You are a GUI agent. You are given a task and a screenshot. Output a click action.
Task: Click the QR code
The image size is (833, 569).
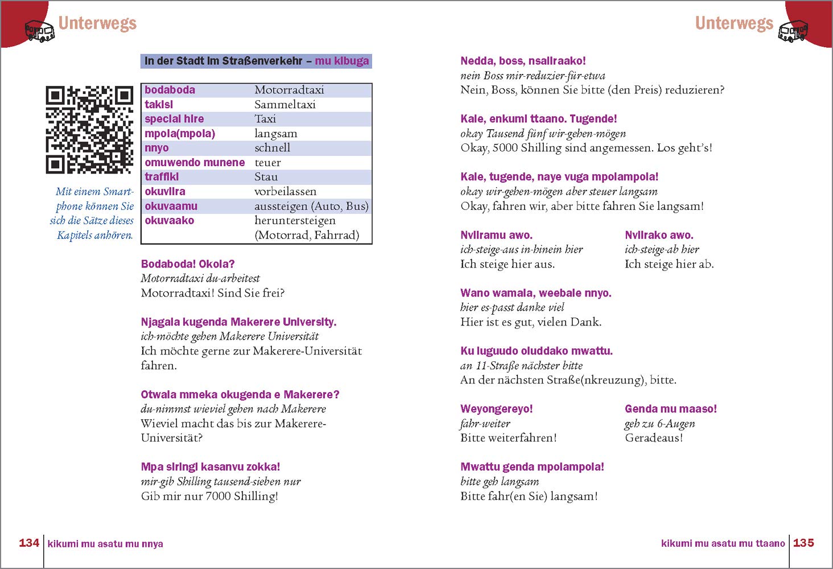click(x=89, y=130)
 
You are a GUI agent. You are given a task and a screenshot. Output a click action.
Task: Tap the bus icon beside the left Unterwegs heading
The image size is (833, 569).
click(x=40, y=31)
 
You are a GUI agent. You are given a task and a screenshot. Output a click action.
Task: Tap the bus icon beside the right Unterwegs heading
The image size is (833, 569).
click(x=793, y=31)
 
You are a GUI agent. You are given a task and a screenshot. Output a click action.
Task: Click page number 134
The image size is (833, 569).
click(x=29, y=543)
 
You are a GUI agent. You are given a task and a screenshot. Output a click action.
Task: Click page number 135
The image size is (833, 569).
click(x=803, y=543)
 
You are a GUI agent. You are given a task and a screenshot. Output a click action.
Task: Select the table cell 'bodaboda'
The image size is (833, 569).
click(x=170, y=90)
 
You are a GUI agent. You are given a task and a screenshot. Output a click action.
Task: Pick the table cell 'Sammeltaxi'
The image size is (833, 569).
click(x=284, y=105)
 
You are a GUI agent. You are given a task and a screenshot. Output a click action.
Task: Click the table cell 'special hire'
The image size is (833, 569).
click(x=174, y=119)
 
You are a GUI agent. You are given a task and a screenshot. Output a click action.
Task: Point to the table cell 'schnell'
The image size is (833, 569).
click(x=272, y=148)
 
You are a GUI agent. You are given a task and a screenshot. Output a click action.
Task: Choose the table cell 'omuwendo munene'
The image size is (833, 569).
click(x=195, y=163)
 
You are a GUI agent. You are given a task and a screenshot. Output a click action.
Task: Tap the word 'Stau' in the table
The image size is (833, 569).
click(x=266, y=177)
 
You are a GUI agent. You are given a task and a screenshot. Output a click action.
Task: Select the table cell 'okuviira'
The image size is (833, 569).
click(x=165, y=192)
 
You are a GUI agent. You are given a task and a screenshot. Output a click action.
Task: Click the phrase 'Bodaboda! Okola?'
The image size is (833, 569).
click(x=187, y=264)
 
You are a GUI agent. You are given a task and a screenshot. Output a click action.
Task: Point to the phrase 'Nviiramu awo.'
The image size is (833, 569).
click(x=496, y=235)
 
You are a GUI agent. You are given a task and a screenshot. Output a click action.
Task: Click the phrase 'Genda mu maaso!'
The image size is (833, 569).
click(x=670, y=409)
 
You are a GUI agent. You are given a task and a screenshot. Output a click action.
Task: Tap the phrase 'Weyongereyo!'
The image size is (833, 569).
click(x=496, y=409)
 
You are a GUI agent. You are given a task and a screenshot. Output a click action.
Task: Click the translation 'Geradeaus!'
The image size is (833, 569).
click(x=653, y=438)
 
